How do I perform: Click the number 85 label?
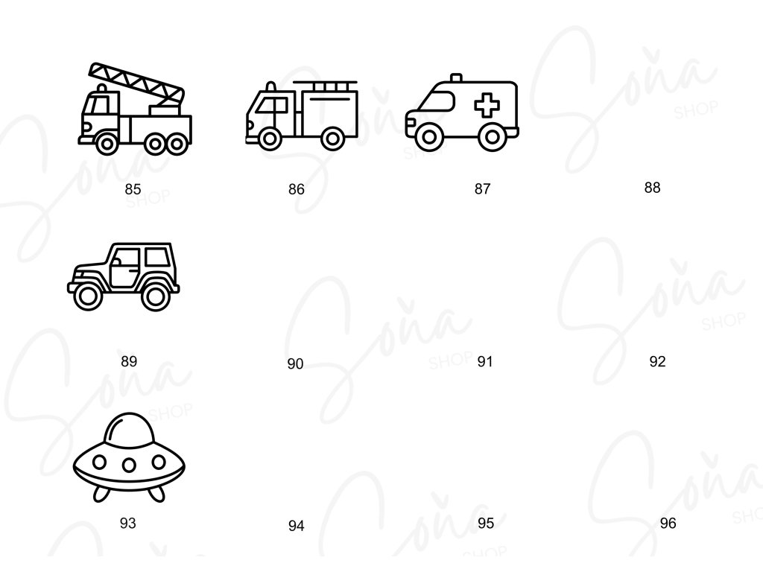[133, 189]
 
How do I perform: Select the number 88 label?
[652, 188]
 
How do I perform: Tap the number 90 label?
[295, 364]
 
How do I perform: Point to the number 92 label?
[657, 362]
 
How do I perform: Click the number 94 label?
[296, 527]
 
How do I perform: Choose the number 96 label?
[668, 524]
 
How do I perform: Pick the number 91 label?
[485, 362]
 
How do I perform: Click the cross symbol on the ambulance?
[487, 106]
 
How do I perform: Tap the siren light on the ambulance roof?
[456, 77]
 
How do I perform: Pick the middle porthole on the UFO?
[129, 465]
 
